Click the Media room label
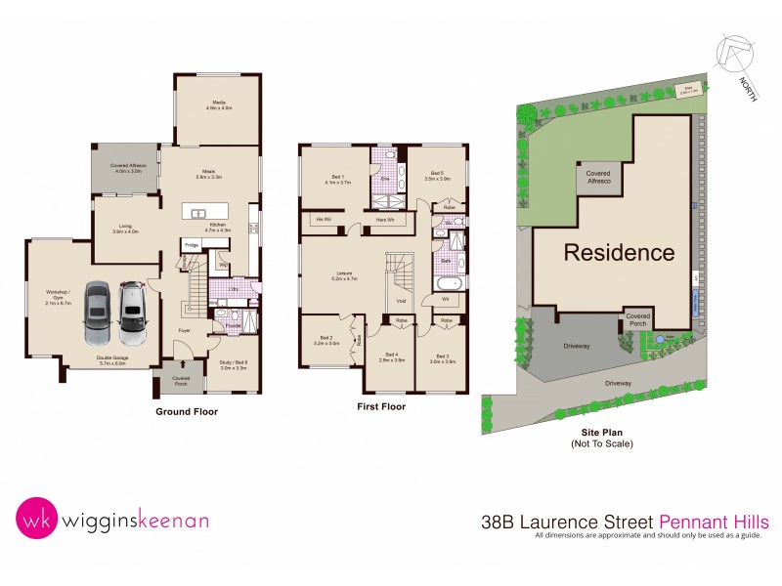click(x=218, y=105)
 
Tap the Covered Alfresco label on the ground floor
click(x=128, y=168)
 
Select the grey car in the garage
click(x=98, y=313)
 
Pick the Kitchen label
click(x=218, y=228)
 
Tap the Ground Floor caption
click(x=187, y=411)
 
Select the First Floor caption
click(x=382, y=406)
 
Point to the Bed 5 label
click(x=437, y=177)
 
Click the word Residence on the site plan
click(x=618, y=253)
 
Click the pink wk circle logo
click(x=36, y=520)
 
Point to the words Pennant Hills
click(x=721, y=522)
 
